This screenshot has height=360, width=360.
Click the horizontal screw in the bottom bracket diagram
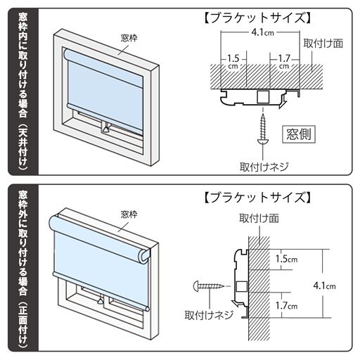click(210, 286)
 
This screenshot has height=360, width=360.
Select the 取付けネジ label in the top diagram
click(264, 167)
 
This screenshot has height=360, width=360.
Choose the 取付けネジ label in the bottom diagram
click(205, 314)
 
